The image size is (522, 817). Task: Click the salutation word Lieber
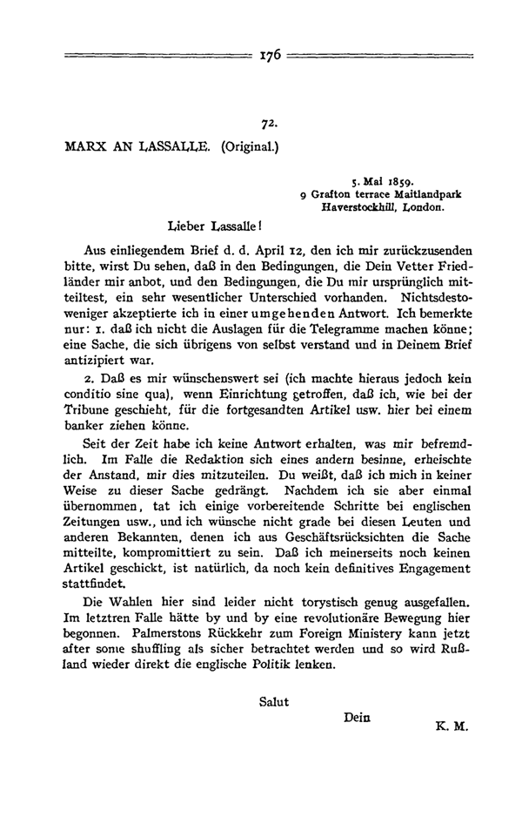click(x=182, y=227)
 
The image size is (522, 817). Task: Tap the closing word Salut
click(x=274, y=699)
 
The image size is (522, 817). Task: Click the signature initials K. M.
click(x=447, y=724)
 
